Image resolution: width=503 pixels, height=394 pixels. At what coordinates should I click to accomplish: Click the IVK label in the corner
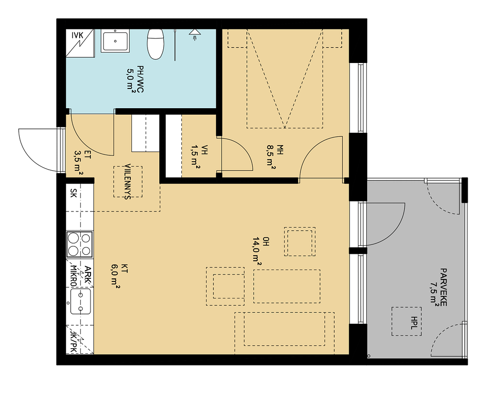click(77, 34)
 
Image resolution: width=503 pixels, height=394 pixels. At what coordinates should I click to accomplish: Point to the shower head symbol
click(194, 34)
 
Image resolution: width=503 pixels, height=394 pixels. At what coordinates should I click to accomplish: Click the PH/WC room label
click(140, 79)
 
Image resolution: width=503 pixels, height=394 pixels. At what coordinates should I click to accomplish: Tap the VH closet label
click(205, 150)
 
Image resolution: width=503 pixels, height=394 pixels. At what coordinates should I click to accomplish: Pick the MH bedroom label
click(280, 150)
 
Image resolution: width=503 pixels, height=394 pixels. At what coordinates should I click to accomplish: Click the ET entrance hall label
click(88, 155)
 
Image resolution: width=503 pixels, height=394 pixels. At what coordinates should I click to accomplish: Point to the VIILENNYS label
click(128, 182)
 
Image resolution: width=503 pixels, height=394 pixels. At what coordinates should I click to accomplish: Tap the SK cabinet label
click(73, 193)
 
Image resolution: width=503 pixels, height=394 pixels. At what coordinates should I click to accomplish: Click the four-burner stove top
click(80, 244)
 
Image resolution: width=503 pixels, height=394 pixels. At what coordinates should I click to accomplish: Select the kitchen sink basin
click(81, 302)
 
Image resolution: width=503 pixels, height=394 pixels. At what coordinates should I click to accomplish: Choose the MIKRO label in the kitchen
click(73, 276)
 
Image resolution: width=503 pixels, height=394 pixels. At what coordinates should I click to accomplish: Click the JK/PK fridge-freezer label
click(73, 342)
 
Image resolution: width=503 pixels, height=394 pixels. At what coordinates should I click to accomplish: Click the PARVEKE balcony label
click(444, 287)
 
